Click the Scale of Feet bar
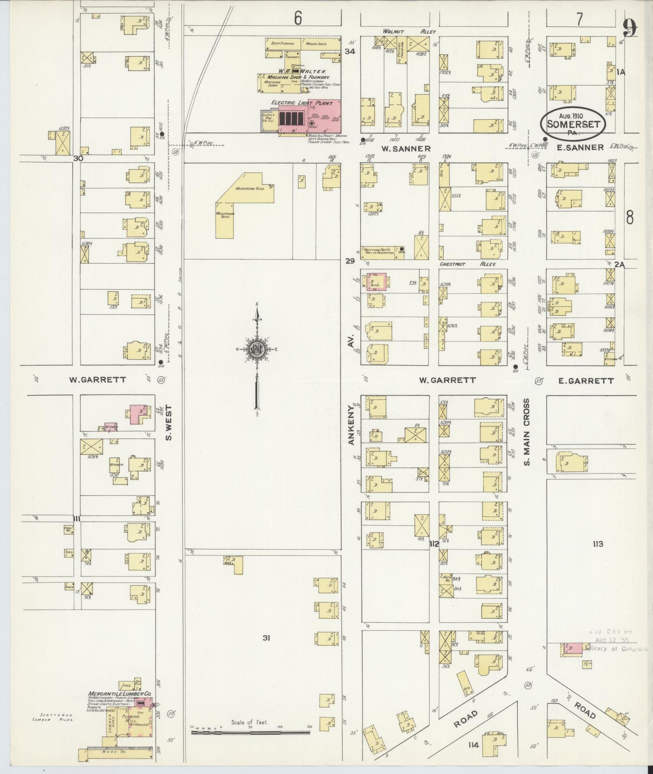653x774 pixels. click(250, 731)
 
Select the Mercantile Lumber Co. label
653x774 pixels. click(120, 693)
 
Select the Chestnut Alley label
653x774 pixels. click(468, 264)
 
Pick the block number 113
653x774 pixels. click(598, 544)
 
